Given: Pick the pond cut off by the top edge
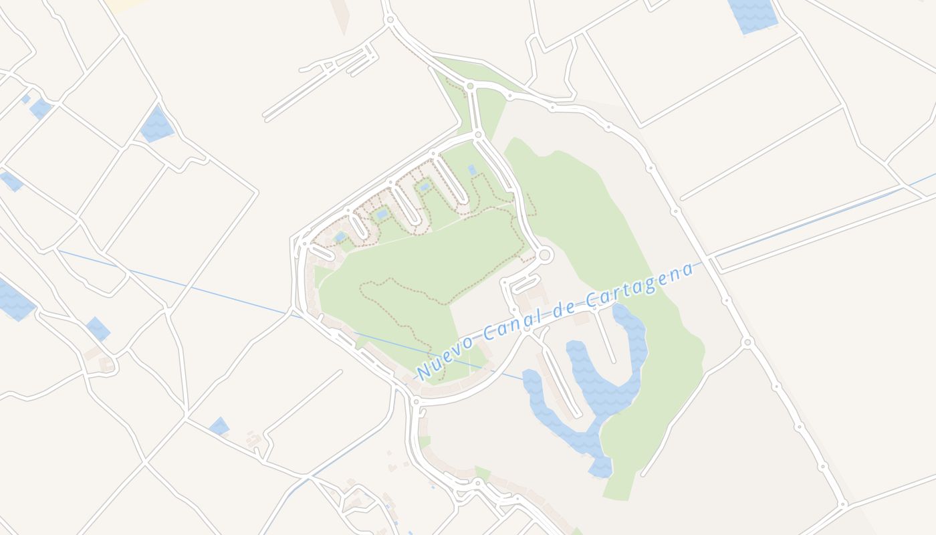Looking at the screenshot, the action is pos(753,13).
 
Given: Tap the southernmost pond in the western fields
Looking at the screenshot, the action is pos(219,426).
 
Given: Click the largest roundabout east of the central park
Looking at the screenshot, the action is pos(544,255).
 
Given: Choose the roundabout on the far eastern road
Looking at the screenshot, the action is pos(747,342).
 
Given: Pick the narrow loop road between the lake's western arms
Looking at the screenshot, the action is pos(561,381).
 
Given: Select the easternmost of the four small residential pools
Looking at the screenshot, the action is pos(472,170).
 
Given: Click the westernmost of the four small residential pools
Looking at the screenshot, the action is pos(340,237).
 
